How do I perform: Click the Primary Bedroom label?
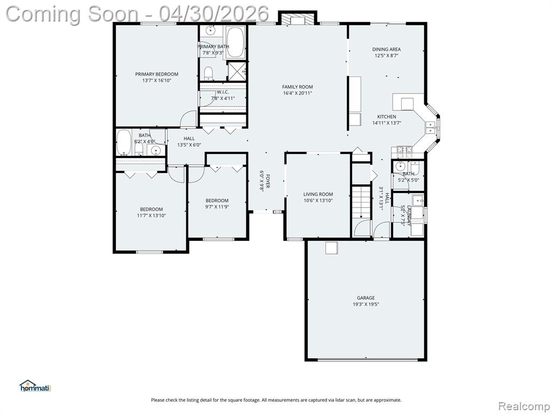pyautogui.click(x=157, y=74)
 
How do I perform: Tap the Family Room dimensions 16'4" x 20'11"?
pyautogui.click(x=298, y=93)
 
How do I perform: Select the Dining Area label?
pyautogui.click(x=387, y=49)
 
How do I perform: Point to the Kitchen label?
pyautogui.click(x=387, y=116)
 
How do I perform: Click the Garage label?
pyautogui.click(x=366, y=298)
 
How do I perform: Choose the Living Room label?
pyautogui.click(x=318, y=194)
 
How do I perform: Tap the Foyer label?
pyautogui.click(x=267, y=181)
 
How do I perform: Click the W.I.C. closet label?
pyautogui.click(x=223, y=92)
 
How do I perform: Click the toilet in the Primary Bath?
pyautogui.click(x=209, y=73)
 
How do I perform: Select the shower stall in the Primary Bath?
pyautogui.click(x=237, y=71)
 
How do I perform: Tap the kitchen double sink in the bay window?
pyautogui.click(x=431, y=127)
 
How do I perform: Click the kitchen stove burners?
pyautogui.click(x=404, y=151)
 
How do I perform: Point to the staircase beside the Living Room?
pyautogui.click(x=361, y=203)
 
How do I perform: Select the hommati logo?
pyautogui.click(x=36, y=386)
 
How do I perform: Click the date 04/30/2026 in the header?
pyautogui.click(x=213, y=14)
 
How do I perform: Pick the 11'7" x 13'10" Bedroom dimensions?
pyautogui.click(x=151, y=216)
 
